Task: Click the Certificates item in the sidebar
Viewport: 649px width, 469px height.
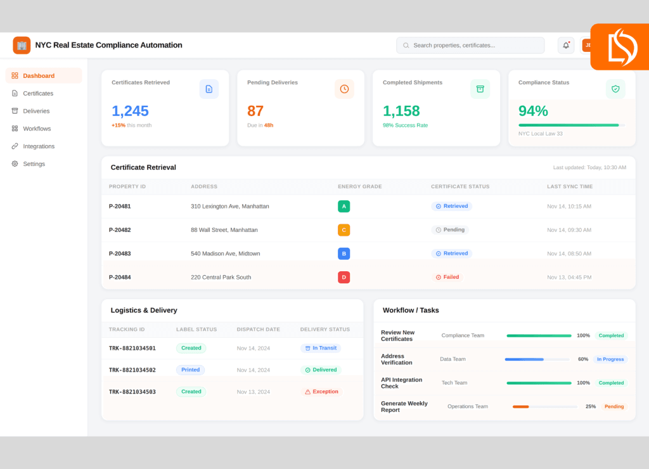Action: pos(38,93)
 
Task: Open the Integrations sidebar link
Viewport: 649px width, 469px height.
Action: pos(39,146)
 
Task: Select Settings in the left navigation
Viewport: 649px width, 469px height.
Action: pos(34,164)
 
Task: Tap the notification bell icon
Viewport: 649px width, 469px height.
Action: pos(566,46)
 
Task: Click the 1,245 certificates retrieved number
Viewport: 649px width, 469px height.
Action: pos(130,111)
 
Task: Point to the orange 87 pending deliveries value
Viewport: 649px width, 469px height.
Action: pos(255,111)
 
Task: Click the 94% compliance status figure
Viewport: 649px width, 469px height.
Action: pos(533,111)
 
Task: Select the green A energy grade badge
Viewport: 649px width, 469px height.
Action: pos(344,206)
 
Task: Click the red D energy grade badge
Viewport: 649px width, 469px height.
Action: pos(344,277)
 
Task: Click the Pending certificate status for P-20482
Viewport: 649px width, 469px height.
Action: pos(450,229)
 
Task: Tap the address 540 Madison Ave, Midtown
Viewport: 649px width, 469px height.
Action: pos(225,254)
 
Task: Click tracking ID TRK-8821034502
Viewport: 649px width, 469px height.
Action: pos(132,370)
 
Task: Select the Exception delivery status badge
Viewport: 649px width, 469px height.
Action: pos(321,392)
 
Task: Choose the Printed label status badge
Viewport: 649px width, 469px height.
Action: pos(190,370)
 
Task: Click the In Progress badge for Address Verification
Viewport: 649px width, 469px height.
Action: pos(610,359)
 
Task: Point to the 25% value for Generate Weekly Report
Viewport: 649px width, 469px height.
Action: pos(590,406)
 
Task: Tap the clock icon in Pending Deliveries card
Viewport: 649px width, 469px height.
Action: pos(344,89)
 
